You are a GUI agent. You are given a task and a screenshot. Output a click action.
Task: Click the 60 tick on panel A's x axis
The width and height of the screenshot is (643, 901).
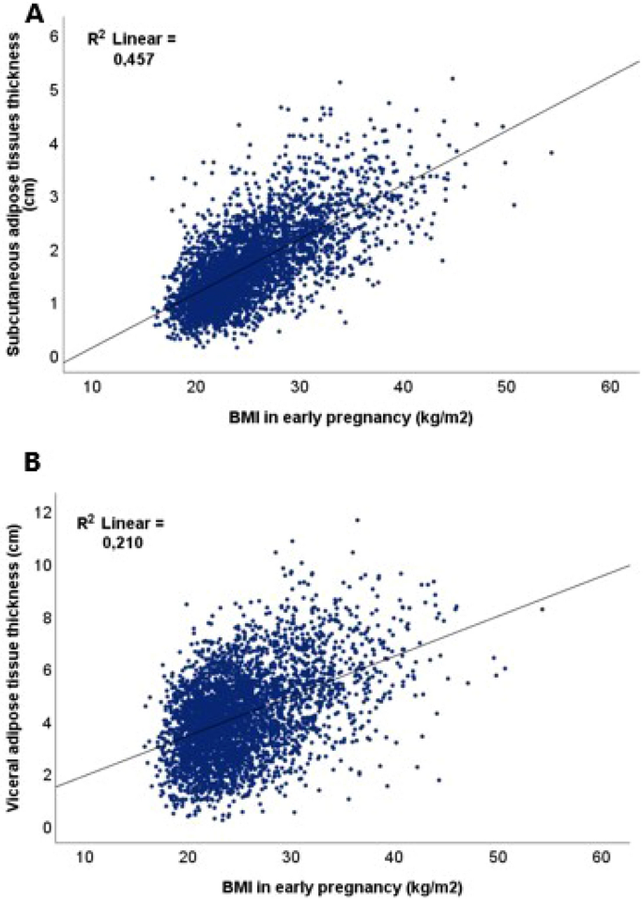[x=609, y=386]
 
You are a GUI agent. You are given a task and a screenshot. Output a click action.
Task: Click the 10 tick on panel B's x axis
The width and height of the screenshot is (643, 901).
[x=84, y=856]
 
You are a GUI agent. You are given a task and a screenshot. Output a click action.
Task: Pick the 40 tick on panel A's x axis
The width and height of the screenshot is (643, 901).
[x=403, y=386]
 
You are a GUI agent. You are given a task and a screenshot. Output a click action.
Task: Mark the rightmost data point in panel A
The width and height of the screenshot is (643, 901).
[x=551, y=152]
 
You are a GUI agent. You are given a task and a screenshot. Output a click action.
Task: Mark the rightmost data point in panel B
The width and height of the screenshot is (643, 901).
[x=542, y=609]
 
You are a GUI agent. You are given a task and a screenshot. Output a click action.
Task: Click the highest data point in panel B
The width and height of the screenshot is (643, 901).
[x=357, y=519]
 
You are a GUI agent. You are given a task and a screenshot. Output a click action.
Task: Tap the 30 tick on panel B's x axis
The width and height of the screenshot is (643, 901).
[x=291, y=856]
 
